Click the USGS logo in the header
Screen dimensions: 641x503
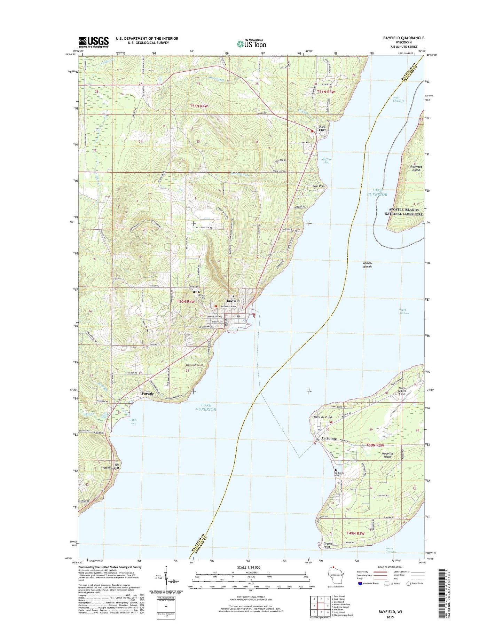point(94,42)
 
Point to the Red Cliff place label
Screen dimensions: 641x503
point(322,128)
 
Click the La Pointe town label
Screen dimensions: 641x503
point(329,438)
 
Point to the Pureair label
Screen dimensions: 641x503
point(148,394)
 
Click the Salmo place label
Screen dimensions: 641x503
point(99,433)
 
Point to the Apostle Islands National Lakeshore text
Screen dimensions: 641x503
point(403,212)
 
